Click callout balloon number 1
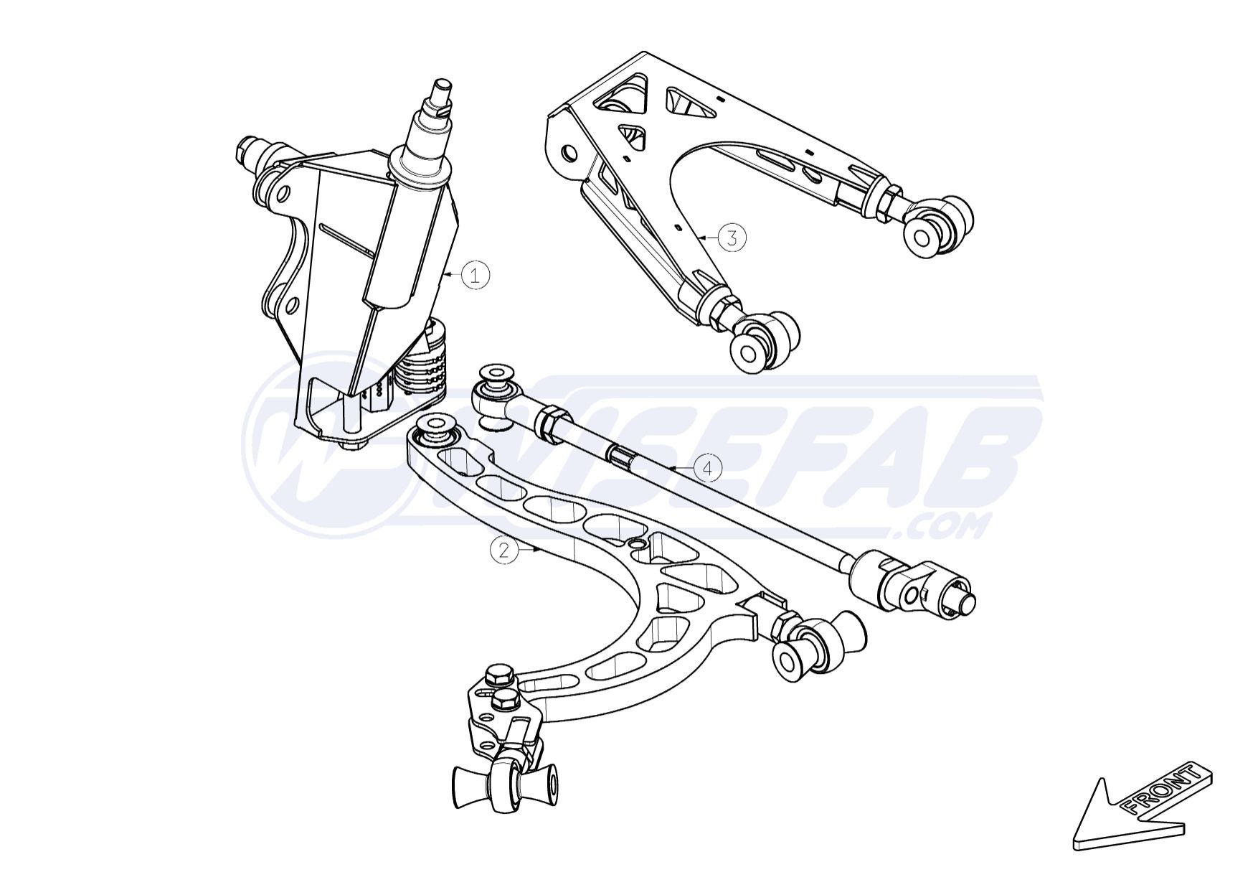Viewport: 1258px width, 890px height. coord(475,275)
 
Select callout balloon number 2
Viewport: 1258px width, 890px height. coord(503,550)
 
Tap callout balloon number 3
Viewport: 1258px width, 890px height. coord(732,237)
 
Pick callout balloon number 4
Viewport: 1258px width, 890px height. coord(708,469)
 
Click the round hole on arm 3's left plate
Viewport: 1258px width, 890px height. coord(568,152)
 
